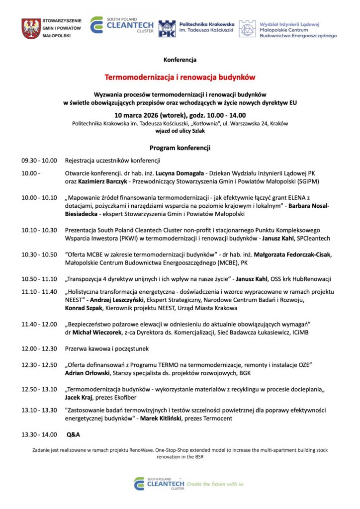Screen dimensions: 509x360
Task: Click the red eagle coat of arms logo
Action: (x=31, y=28)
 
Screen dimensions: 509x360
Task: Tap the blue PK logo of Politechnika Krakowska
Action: (x=167, y=28)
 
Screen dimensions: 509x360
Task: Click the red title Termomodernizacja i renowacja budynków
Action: (x=180, y=78)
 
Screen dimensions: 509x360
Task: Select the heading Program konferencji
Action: (x=180, y=148)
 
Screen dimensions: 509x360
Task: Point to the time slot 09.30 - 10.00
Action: (x=39, y=161)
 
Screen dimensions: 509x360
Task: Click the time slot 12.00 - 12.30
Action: (x=39, y=348)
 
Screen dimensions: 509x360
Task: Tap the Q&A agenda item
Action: (x=74, y=434)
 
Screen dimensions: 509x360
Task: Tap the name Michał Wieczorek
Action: (x=99, y=332)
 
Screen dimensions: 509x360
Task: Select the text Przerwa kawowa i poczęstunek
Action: (x=107, y=348)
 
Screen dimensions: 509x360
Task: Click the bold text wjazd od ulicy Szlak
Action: (x=180, y=131)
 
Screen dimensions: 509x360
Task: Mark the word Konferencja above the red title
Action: (x=180, y=60)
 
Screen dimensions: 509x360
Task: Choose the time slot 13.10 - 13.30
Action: (x=39, y=410)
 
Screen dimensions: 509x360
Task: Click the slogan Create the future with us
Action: (x=215, y=484)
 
